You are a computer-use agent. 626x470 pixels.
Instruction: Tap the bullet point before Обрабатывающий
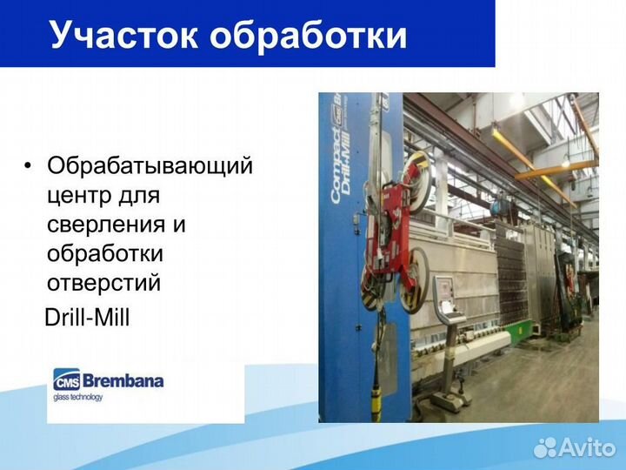point(30,165)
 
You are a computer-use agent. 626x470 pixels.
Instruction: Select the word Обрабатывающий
point(150,165)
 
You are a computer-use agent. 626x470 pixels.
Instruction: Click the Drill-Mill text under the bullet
point(87,319)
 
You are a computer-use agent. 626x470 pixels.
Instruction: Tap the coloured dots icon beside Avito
point(545,447)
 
